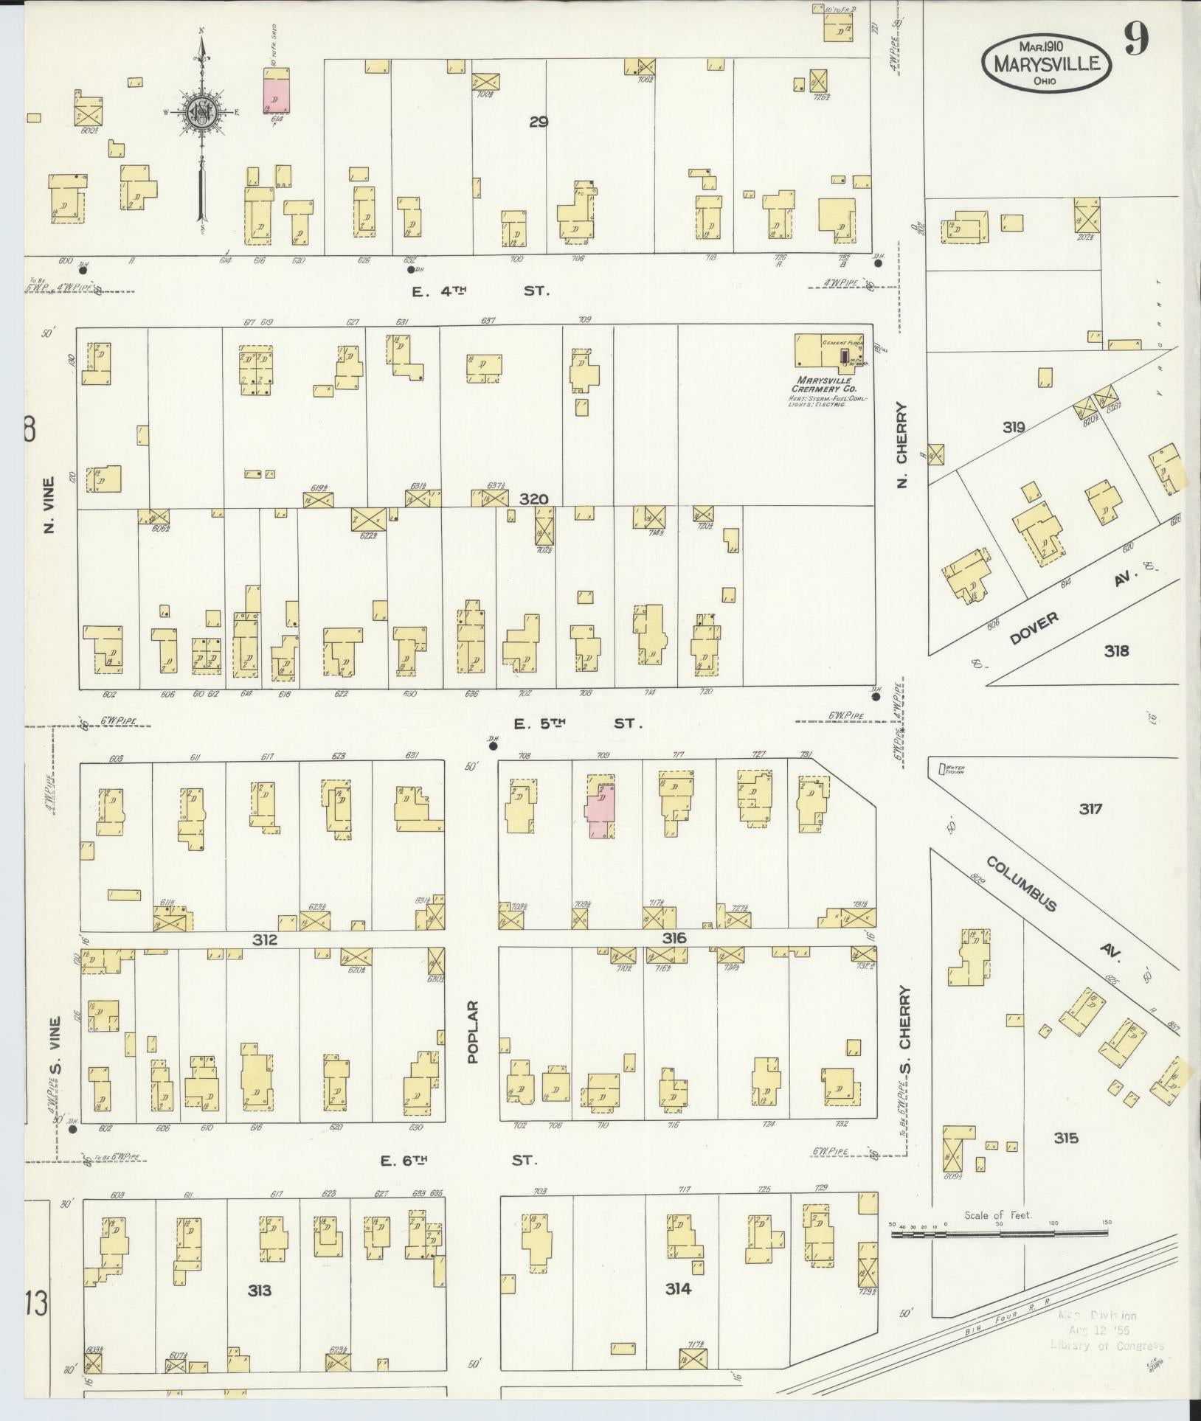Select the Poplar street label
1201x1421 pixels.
(x=473, y=1042)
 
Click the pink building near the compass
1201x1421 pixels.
(x=277, y=91)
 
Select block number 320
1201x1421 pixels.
(x=533, y=499)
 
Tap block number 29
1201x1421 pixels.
(x=538, y=122)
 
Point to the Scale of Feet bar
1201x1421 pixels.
(x=1000, y=1233)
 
